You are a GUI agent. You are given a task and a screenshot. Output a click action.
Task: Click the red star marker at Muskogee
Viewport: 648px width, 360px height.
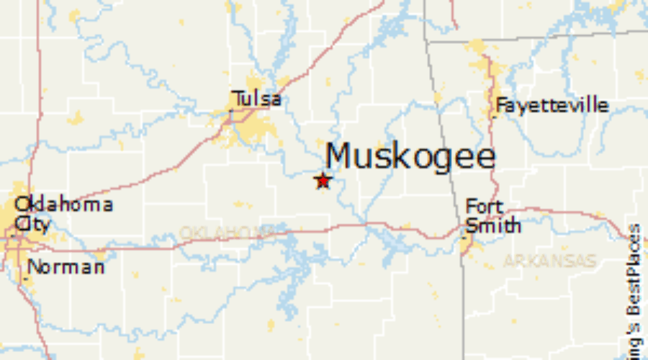[323, 180]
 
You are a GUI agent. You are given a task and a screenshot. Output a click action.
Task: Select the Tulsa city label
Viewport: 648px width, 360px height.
[256, 99]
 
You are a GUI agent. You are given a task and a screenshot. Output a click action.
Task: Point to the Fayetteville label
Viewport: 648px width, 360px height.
[552, 106]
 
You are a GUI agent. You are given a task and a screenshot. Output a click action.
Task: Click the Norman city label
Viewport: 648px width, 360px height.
[66, 267]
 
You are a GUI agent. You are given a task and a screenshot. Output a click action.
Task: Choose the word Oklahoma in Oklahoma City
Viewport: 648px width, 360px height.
[63, 204]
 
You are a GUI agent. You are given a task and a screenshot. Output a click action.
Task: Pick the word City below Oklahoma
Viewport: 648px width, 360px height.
[32, 224]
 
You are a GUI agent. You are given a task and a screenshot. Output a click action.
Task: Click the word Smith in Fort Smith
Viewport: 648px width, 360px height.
[493, 225]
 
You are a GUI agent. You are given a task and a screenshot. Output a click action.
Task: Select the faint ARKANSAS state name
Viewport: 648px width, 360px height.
[549, 261]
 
